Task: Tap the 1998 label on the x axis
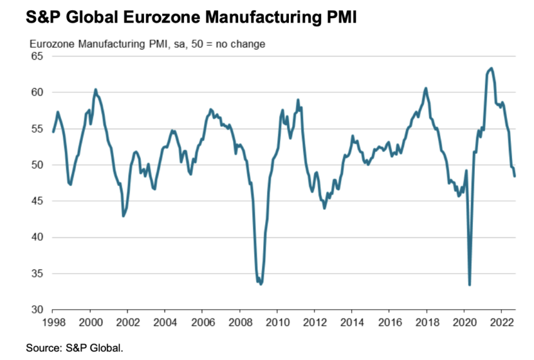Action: click(x=53, y=320)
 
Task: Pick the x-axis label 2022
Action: click(x=501, y=320)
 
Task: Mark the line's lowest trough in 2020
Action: click(x=469, y=285)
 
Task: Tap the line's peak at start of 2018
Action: click(x=426, y=88)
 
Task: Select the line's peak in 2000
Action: click(x=95, y=89)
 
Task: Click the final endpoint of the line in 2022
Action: click(x=515, y=176)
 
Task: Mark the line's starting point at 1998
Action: click(x=53, y=132)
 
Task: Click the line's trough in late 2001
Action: click(x=123, y=216)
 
